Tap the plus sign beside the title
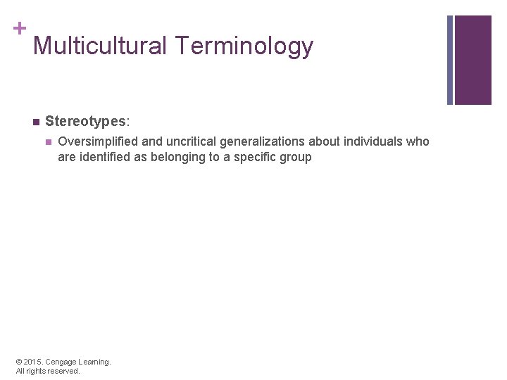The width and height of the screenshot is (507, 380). pos(19,28)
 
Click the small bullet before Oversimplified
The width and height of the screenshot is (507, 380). pos(48,141)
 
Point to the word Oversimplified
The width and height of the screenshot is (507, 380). pos(98,141)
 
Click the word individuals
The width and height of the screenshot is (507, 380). pos(373,141)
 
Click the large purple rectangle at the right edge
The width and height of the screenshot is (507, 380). pos(473,60)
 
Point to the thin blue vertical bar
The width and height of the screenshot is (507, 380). pos(451,60)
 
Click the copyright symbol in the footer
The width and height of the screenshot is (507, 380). pos(20,362)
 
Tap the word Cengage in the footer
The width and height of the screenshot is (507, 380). pos(61,362)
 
